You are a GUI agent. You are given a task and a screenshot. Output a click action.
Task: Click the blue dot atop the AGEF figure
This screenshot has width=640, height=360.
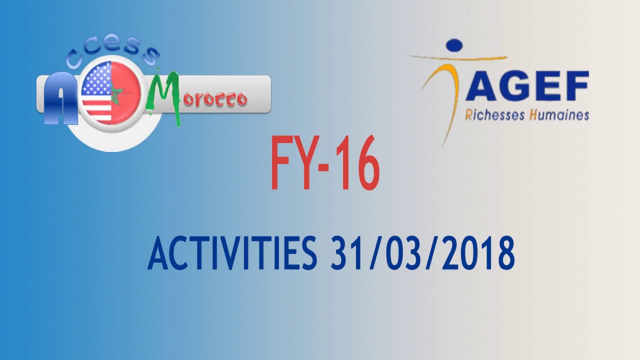pyautogui.click(x=454, y=46)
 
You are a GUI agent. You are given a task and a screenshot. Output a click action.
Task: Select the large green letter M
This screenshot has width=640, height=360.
pyautogui.click(x=165, y=95)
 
